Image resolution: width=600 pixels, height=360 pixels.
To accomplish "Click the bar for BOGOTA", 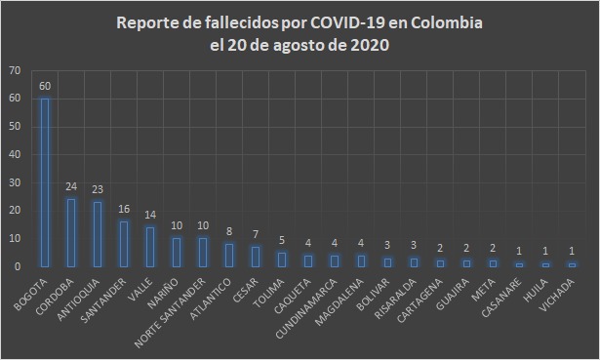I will click(x=45, y=181).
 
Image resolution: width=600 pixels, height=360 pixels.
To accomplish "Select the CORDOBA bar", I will click(x=71, y=232).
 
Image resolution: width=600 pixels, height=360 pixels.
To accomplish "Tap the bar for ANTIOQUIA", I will click(x=98, y=233).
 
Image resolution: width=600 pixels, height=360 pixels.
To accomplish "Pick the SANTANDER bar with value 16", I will click(x=124, y=243).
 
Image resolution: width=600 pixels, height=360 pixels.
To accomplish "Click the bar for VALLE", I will click(x=150, y=246).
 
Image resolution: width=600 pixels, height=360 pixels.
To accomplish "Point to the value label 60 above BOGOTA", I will click(x=45, y=86).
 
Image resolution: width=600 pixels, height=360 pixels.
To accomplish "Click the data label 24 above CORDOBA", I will click(x=71, y=187).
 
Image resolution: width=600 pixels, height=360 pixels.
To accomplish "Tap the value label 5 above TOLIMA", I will click(x=282, y=240).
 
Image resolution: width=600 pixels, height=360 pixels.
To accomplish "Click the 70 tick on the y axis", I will click(x=13, y=71).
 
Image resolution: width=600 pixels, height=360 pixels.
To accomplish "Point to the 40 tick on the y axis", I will click(x=13, y=154).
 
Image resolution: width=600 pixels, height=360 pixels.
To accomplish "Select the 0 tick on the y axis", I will click(x=16, y=265).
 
